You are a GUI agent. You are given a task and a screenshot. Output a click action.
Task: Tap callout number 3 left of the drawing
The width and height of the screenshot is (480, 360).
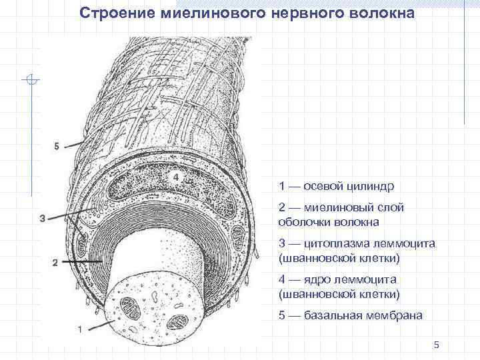43,218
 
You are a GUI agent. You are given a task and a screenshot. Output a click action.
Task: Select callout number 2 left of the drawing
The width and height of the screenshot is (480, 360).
55,263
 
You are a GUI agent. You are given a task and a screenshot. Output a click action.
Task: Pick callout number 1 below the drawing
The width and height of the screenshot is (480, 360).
80,329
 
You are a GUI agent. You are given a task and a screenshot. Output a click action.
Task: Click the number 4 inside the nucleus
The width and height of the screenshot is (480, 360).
175,177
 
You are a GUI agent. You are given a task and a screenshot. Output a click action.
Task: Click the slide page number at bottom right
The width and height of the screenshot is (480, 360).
436,344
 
